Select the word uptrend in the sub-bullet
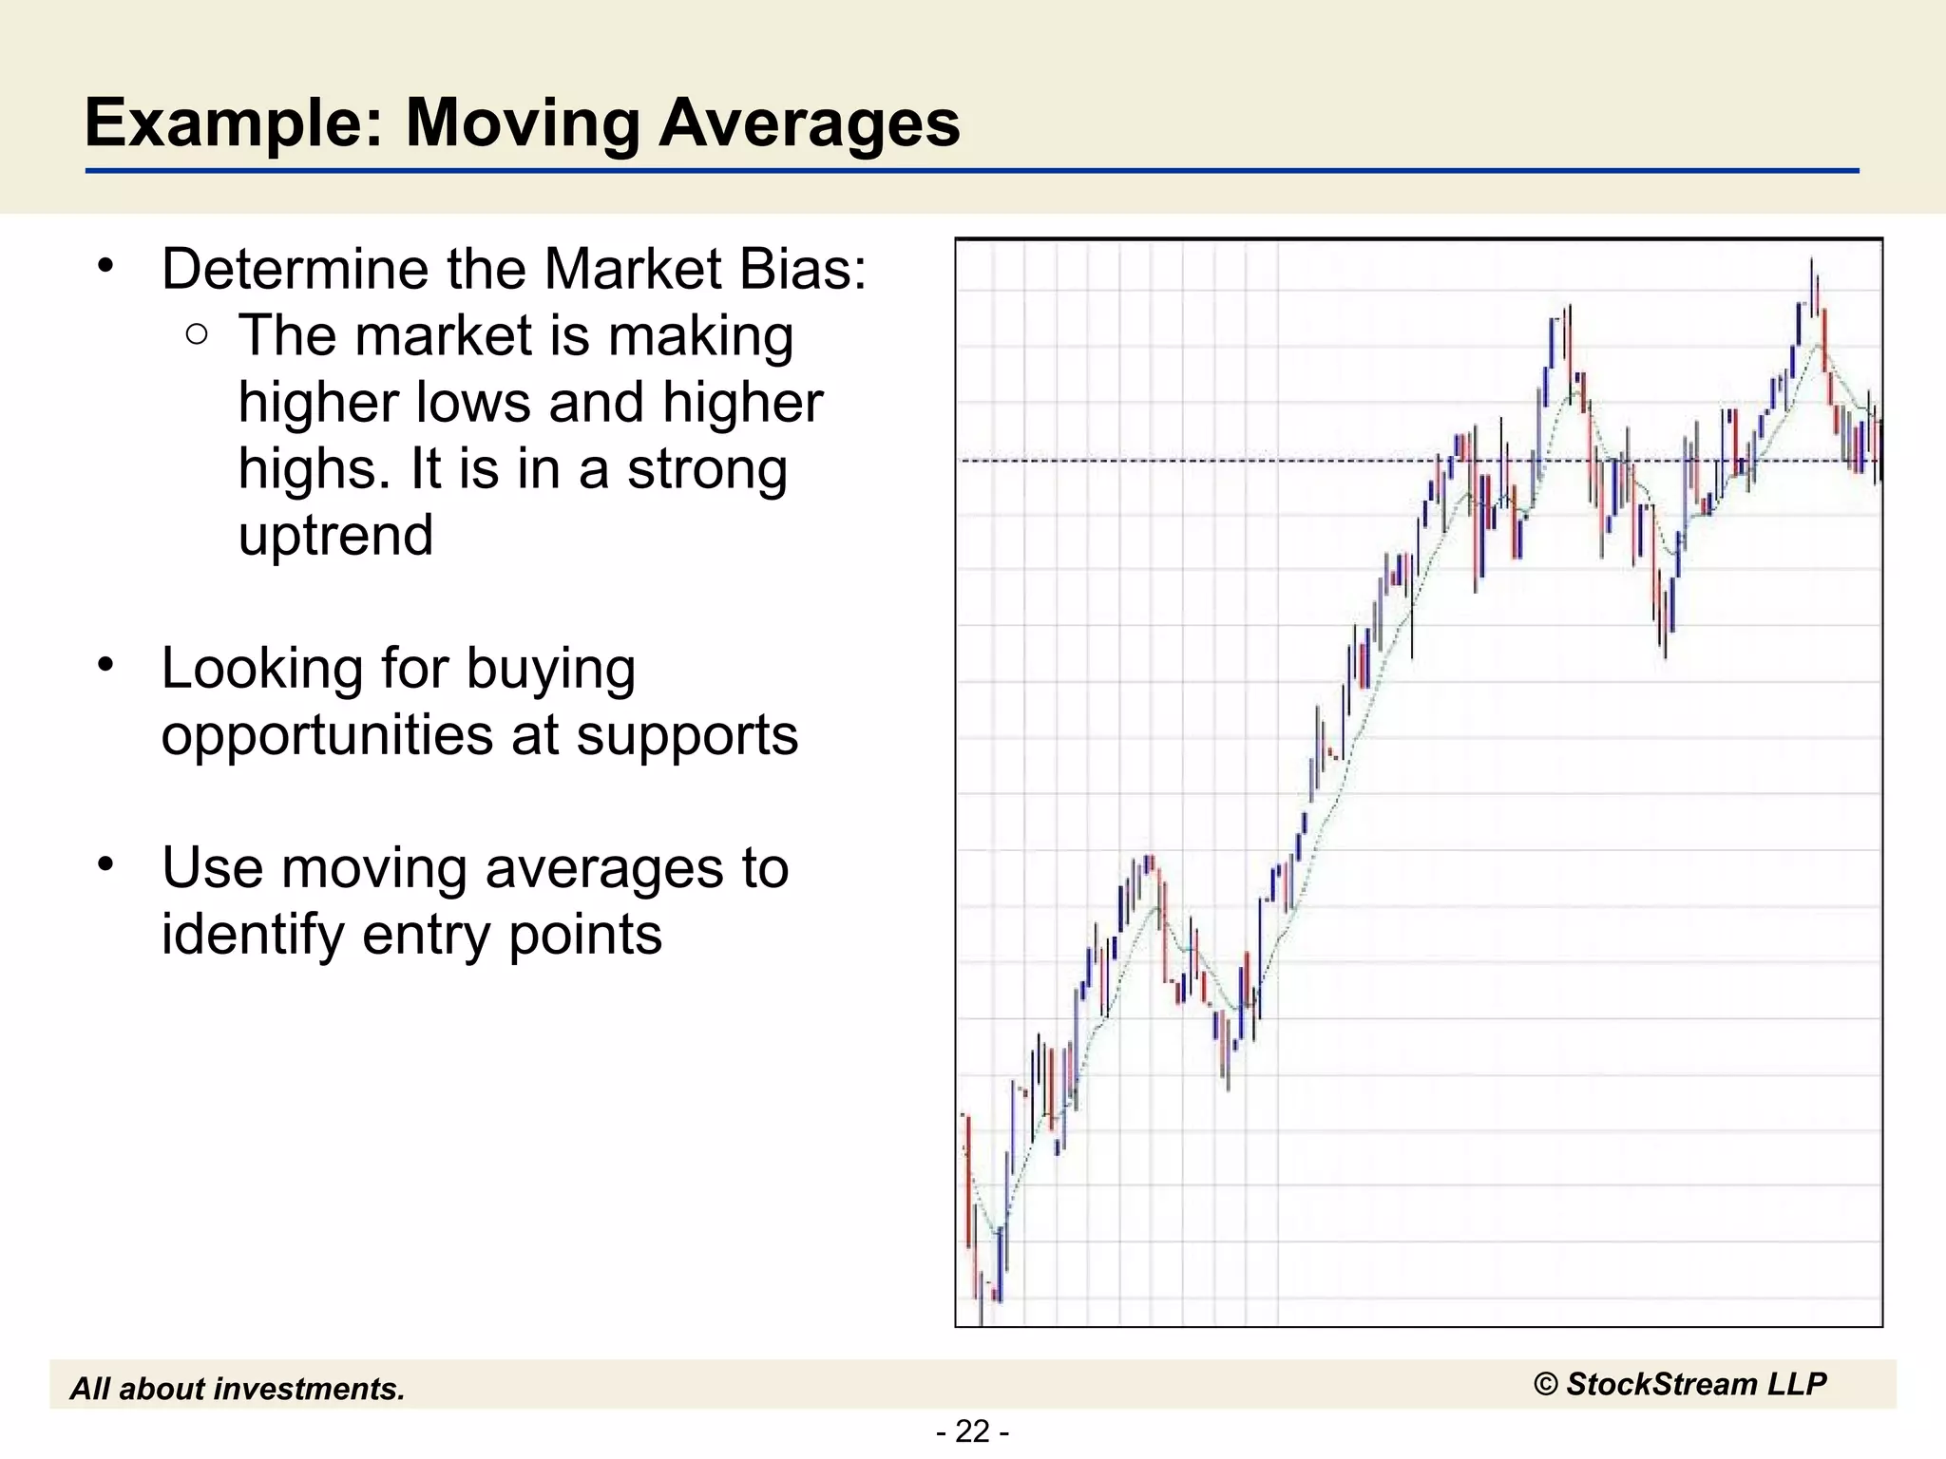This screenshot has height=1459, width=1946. tap(335, 536)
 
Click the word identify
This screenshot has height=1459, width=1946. tap(254, 935)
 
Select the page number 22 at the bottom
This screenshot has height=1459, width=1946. tap(972, 1431)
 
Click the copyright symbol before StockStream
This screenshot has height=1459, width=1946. tap(1546, 1385)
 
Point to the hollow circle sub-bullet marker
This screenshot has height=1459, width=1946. tap(197, 333)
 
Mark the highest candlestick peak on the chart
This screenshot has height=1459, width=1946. tap(1811, 260)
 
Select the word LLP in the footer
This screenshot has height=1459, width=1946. tap(1796, 1384)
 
